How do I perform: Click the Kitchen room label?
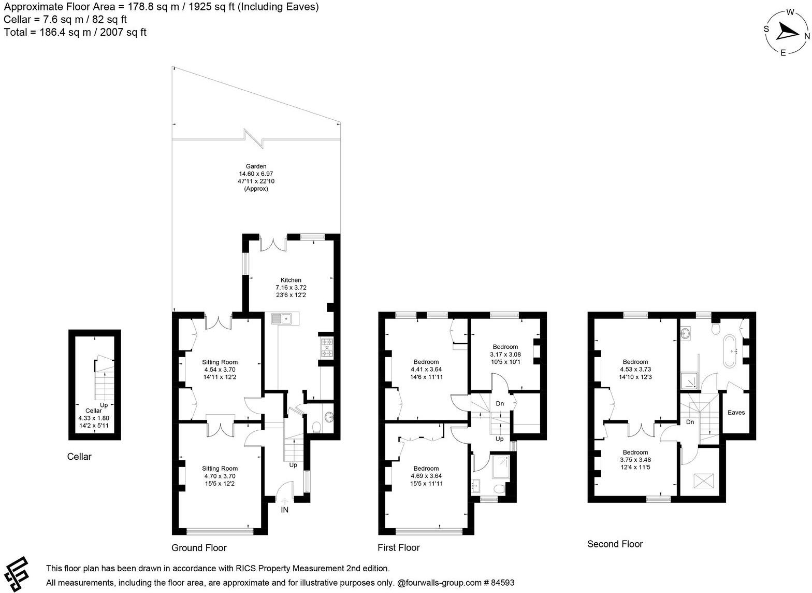click(x=291, y=280)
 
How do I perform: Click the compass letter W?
click(x=790, y=12)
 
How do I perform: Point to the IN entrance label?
click(x=284, y=510)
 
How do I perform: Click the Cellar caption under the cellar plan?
click(x=79, y=457)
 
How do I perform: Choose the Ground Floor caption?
click(x=199, y=548)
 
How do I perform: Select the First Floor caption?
click(x=398, y=548)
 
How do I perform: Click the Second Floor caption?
click(x=615, y=544)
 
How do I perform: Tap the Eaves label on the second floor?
click(x=736, y=413)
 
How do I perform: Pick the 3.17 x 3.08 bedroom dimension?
click(x=505, y=355)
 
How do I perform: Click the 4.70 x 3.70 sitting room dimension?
click(x=220, y=476)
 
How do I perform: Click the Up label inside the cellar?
click(x=104, y=405)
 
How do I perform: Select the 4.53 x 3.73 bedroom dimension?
click(x=635, y=370)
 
